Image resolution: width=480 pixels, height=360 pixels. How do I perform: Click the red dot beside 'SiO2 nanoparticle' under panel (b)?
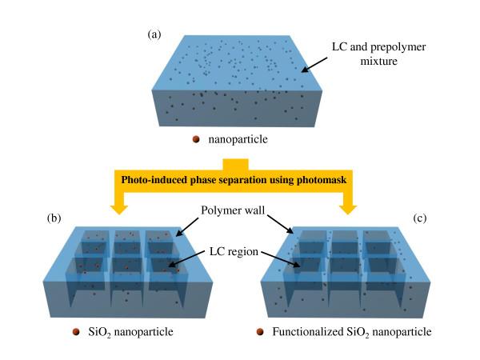75,331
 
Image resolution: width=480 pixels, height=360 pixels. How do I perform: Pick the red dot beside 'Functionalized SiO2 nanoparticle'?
260,331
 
